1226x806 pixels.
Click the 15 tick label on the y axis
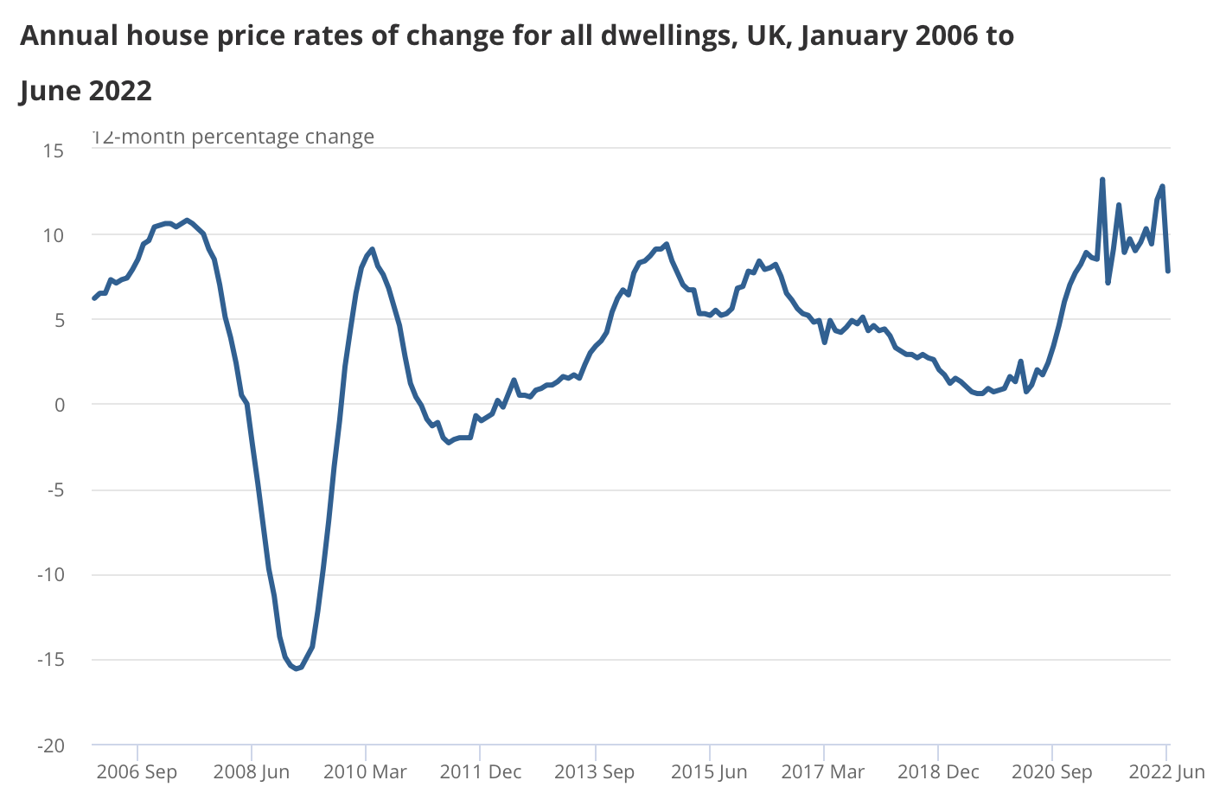[54, 150]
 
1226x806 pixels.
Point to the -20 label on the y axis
[51, 745]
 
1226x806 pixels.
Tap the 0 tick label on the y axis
[59, 405]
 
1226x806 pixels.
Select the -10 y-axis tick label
[51, 575]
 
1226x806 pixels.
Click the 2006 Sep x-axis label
[137, 771]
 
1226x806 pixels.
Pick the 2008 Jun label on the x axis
[252, 771]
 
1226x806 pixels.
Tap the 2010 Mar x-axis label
[365, 771]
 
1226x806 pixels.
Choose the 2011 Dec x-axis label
[480, 771]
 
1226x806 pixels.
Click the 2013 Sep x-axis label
[594, 771]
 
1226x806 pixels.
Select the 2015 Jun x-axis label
[709, 771]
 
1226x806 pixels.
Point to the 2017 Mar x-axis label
[823, 771]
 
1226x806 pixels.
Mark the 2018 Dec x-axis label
[938, 771]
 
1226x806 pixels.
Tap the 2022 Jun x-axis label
[1166, 771]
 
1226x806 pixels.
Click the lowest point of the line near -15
[297, 668]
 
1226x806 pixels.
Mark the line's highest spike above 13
[1102, 180]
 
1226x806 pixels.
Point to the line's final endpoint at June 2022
[1168, 271]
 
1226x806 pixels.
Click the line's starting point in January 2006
[93, 298]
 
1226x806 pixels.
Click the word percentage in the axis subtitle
[264, 137]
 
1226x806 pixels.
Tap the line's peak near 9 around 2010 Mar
[372, 249]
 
